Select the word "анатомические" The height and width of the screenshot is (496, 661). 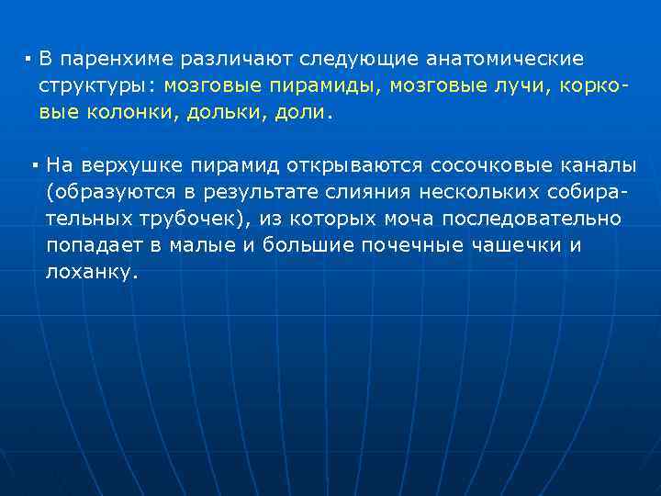coord(504,60)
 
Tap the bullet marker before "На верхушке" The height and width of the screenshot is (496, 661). coord(33,166)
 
